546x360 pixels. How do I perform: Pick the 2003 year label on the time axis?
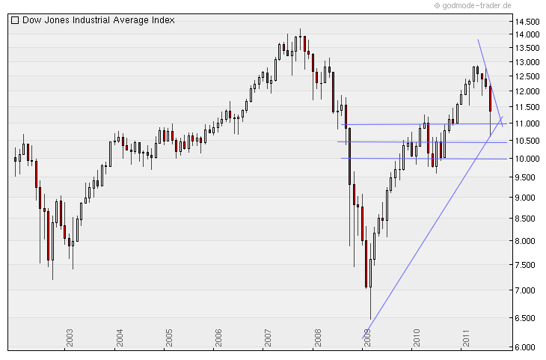coord(70,337)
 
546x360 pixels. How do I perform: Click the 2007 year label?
coord(268,337)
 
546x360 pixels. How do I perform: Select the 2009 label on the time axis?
coord(367,337)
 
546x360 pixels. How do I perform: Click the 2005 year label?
coord(168,337)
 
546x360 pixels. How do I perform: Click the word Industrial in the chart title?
coord(99,21)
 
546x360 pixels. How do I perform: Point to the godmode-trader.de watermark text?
coord(476,5)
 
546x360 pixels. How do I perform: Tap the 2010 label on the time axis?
coord(417,337)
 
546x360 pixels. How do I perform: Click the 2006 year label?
coord(218,337)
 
